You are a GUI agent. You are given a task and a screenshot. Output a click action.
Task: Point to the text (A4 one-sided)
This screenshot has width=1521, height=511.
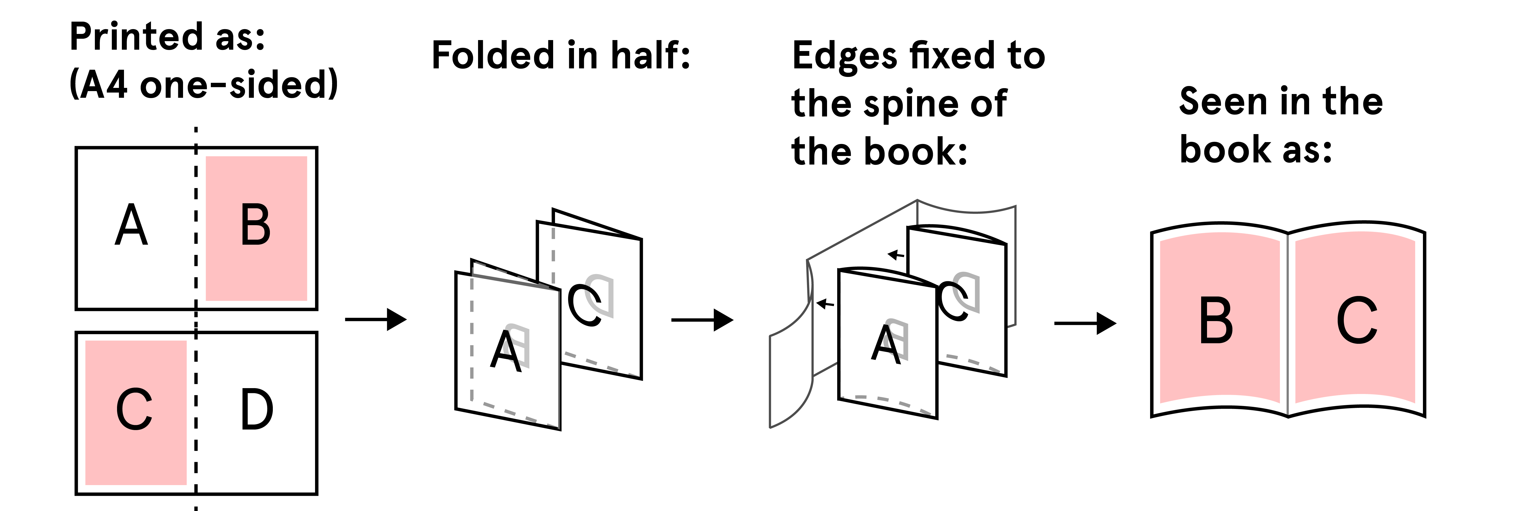[204, 84]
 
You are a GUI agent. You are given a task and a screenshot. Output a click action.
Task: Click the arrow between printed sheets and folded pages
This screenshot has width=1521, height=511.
[376, 320]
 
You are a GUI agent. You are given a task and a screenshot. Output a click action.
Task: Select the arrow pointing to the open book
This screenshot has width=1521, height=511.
[1085, 323]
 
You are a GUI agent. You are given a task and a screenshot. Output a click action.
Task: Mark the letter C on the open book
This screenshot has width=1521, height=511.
[1357, 320]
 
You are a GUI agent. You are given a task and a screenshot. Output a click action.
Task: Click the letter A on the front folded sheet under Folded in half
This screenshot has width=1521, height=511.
[505, 351]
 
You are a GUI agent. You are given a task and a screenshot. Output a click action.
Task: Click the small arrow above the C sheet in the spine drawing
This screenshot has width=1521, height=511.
[896, 255]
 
